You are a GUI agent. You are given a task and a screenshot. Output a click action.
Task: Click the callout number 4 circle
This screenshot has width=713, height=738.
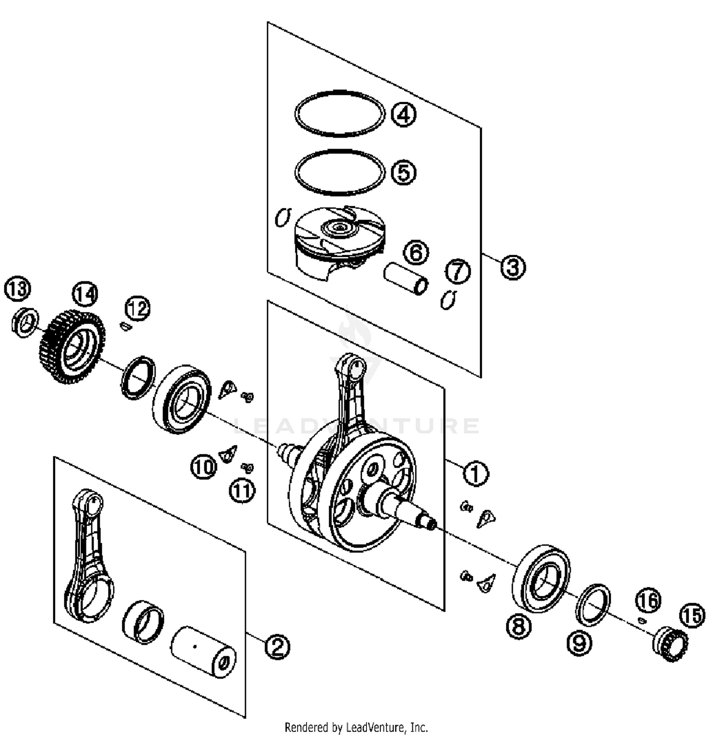tap(403, 114)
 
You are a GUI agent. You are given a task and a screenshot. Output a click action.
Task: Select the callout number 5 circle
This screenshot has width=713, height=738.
tap(403, 172)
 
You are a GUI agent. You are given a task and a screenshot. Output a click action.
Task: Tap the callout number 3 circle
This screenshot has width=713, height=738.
tap(513, 267)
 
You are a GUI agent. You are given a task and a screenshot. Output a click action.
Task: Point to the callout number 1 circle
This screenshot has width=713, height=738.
tap(475, 473)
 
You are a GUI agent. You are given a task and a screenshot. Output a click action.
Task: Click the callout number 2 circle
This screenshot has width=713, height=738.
tap(277, 646)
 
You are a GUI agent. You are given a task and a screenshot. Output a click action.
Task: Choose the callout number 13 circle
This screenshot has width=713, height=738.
tap(17, 289)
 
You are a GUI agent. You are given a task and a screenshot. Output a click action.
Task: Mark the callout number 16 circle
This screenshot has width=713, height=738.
tap(648, 600)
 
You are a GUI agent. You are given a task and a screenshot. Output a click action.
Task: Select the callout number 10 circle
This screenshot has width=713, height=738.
tap(203, 467)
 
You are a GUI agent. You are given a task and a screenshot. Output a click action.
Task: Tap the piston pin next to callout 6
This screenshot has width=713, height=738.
tap(405, 280)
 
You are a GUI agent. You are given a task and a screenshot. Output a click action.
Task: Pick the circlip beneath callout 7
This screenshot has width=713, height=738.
tap(448, 300)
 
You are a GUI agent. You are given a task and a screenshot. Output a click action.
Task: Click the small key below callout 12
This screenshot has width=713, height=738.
tap(125, 326)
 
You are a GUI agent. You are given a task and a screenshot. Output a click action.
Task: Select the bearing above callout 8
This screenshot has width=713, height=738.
tap(541, 579)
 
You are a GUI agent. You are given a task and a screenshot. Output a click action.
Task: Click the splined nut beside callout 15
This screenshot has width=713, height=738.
tap(670, 644)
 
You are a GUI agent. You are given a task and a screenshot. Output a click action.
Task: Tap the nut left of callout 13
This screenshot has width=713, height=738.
tap(24, 322)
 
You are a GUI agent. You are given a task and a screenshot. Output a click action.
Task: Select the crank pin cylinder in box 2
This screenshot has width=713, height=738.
tap(203, 652)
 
